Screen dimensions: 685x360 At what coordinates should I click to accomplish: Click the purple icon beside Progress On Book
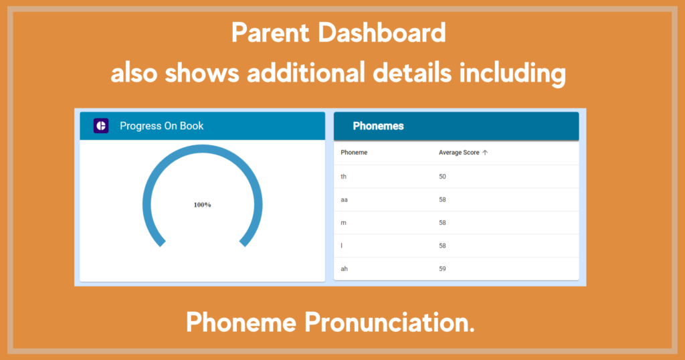click(101, 126)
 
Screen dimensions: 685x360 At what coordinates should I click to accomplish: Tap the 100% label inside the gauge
click(202, 205)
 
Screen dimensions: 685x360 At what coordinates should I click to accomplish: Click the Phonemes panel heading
click(379, 126)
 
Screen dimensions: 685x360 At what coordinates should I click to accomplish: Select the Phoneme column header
click(354, 153)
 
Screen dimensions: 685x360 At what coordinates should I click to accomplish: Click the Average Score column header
click(459, 153)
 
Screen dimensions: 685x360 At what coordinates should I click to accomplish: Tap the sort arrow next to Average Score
click(485, 153)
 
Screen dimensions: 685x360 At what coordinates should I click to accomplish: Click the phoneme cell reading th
click(343, 177)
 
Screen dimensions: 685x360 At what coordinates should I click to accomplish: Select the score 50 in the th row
click(443, 177)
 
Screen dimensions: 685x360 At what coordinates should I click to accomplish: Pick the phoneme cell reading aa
click(345, 199)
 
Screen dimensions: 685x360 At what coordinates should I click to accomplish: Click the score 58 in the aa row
click(443, 199)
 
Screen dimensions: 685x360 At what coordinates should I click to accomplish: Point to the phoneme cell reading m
click(343, 223)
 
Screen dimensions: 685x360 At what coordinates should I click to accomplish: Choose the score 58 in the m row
click(443, 223)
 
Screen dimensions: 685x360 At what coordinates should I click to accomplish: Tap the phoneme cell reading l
click(342, 246)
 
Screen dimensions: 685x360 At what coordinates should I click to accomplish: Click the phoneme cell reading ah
click(345, 269)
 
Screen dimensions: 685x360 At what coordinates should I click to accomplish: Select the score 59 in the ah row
click(443, 269)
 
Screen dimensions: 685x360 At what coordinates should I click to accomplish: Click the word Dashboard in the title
click(382, 33)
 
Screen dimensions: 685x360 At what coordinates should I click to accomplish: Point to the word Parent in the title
click(270, 33)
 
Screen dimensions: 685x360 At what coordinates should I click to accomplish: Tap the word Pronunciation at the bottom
click(389, 323)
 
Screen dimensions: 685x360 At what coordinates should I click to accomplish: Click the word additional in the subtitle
click(306, 72)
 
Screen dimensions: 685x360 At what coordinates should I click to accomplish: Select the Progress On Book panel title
click(162, 126)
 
